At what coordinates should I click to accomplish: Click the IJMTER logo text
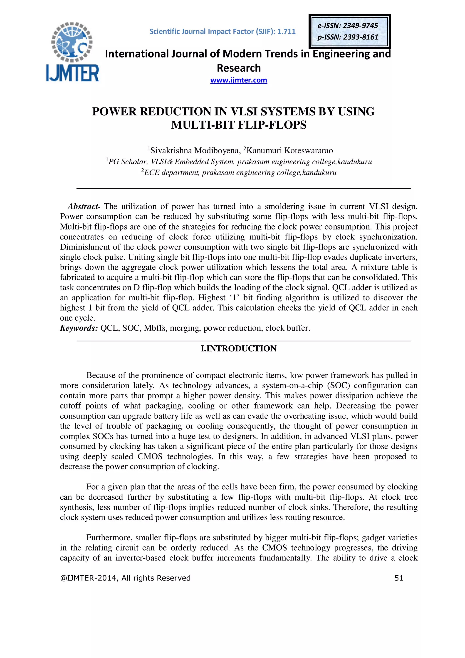click(72, 73)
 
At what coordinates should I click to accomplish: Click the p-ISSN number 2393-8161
click(361, 37)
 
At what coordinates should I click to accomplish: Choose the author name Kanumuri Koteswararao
click(289, 150)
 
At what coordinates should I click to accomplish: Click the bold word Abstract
click(83, 206)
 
